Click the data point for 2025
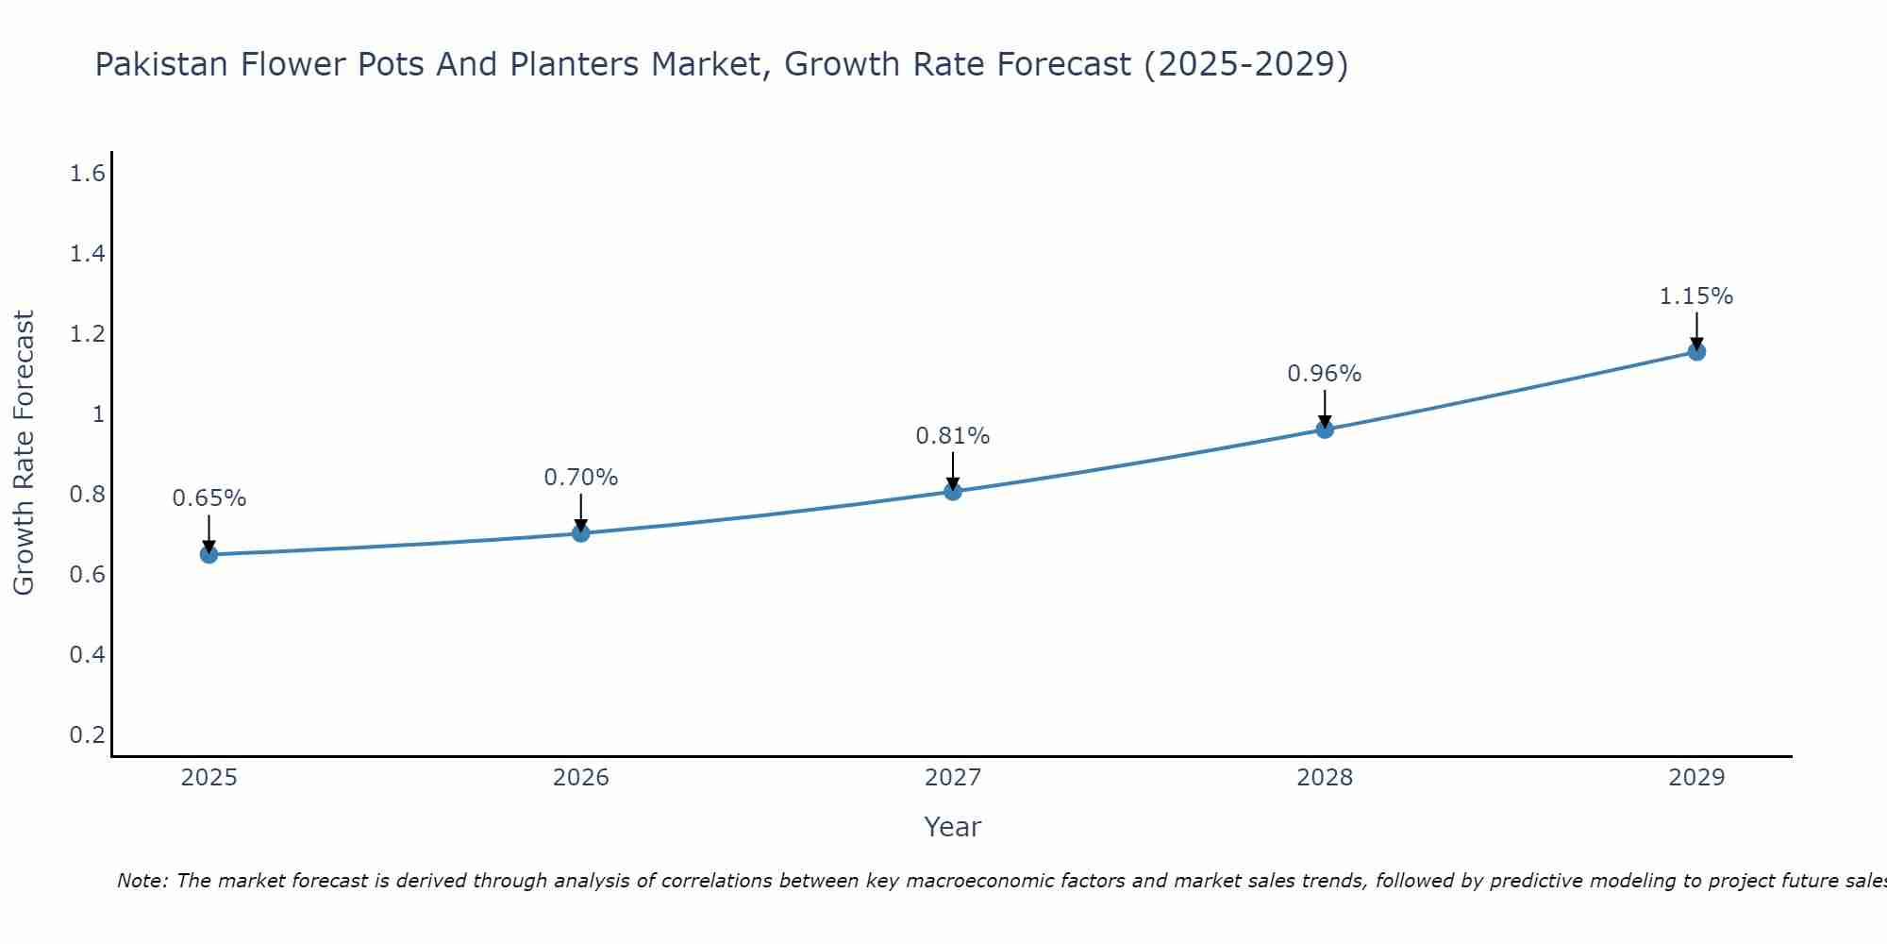[x=209, y=554]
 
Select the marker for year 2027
[x=952, y=491]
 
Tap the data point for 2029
[x=1695, y=352]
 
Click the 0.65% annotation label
[x=209, y=498]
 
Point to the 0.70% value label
[x=580, y=478]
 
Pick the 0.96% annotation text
[x=1324, y=374]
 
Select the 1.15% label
[x=1695, y=296]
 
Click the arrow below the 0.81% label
[x=952, y=470]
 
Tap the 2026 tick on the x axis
[x=580, y=778]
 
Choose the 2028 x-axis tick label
[x=1324, y=778]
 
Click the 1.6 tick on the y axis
[x=87, y=174]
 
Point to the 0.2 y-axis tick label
[x=87, y=734]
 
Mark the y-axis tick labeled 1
[x=97, y=414]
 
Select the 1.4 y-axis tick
[x=87, y=254]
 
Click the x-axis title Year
[x=952, y=827]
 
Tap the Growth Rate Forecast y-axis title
[x=24, y=453]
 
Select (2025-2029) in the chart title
[x=1245, y=64]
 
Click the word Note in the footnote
[x=142, y=881]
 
